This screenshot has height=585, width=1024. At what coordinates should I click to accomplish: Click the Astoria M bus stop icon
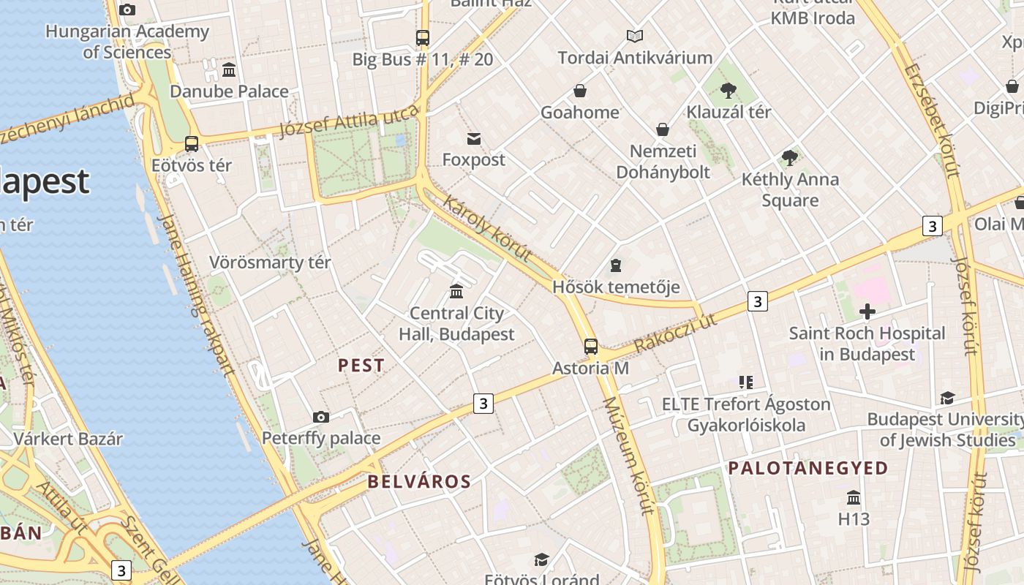[x=591, y=347]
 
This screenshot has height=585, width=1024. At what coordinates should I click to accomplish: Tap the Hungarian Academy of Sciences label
[x=127, y=42]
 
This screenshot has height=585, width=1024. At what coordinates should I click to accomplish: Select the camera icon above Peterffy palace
[x=320, y=417]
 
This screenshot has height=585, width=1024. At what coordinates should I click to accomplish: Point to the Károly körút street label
[x=486, y=228]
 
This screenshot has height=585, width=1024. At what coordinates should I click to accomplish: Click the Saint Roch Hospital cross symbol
[x=867, y=312]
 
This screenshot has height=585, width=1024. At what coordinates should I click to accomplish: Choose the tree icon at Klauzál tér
[x=728, y=91]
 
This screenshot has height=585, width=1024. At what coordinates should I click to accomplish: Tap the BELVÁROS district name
[x=419, y=481]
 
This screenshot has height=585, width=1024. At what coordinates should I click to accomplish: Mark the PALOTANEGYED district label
[x=807, y=468]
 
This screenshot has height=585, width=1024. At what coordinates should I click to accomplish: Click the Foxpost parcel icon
[x=474, y=139]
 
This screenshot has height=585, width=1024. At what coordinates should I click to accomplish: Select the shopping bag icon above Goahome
[x=580, y=91]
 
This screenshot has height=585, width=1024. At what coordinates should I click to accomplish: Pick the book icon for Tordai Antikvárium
[x=635, y=36]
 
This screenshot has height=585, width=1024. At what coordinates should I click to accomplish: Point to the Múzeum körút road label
[x=627, y=456]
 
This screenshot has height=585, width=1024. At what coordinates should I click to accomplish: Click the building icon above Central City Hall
[x=456, y=291]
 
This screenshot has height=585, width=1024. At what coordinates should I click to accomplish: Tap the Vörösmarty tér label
[x=270, y=262]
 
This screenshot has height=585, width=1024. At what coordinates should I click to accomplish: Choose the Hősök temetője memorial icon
[x=616, y=265]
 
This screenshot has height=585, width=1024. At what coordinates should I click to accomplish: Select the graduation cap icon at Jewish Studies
[x=947, y=398]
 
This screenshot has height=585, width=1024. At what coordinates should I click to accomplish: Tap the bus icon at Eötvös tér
[x=192, y=143]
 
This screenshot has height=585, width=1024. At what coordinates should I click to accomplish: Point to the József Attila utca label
[x=349, y=121]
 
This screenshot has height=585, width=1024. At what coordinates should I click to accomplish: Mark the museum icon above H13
[x=853, y=498]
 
